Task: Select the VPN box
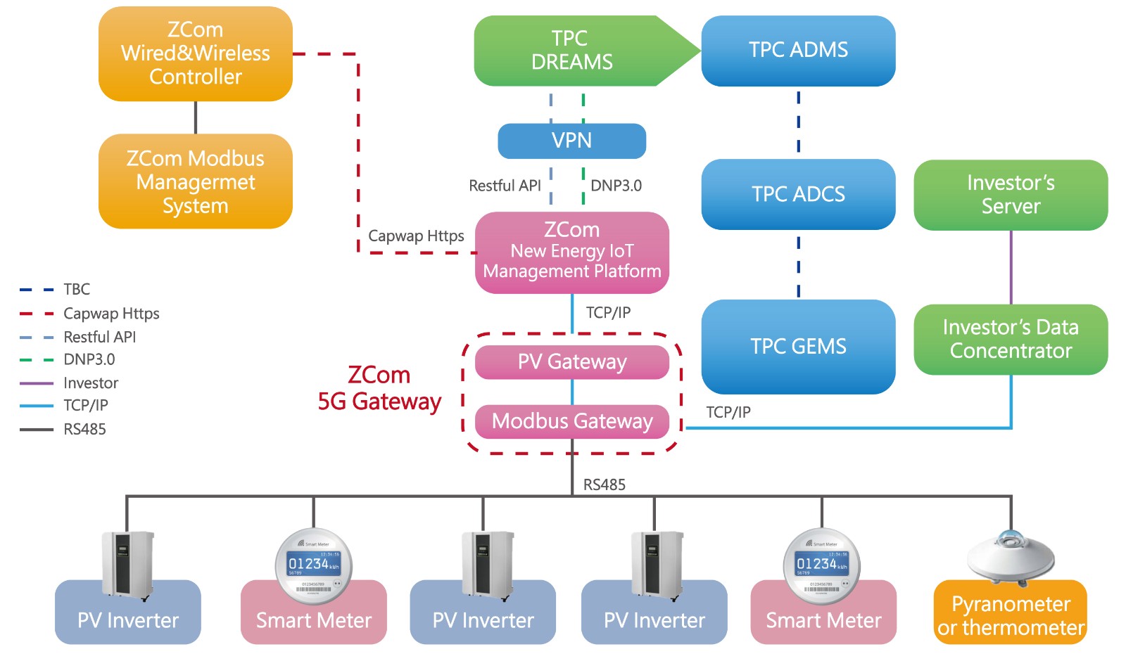pos(571,141)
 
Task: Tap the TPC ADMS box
pos(798,51)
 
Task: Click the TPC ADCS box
pos(798,194)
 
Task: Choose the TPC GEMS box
pos(798,346)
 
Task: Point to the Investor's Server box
pos(1011,195)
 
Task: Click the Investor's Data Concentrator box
pos(1011,339)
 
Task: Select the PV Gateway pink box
pos(571,361)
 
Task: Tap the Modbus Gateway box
pos(571,421)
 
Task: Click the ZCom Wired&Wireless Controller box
pos(195,53)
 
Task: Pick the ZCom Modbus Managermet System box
pos(195,181)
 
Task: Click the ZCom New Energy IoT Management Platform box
pos(571,252)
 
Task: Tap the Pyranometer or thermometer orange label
pos(1011,616)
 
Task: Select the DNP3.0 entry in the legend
pos(89,359)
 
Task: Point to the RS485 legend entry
pos(84,429)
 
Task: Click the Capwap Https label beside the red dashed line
pos(416,236)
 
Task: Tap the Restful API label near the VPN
pos(505,186)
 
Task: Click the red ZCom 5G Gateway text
pos(379,388)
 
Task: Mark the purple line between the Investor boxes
pos(1011,267)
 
